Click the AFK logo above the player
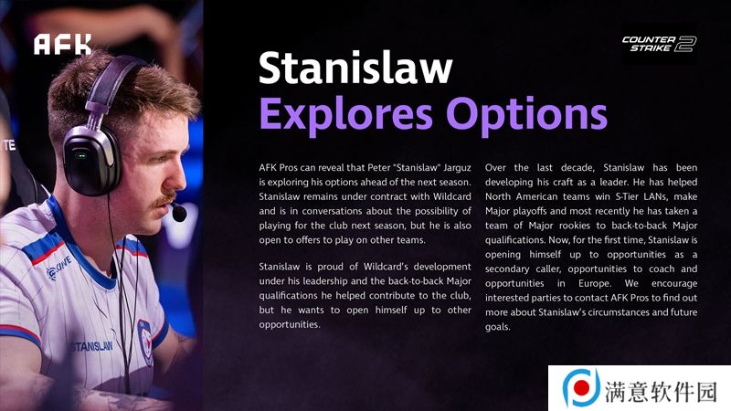[x=62, y=44]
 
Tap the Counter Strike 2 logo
[x=659, y=44]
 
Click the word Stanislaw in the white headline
[x=355, y=68]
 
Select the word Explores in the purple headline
[x=346, y=115]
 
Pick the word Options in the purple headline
[x=527, y=115]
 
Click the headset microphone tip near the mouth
[x=178, y=213]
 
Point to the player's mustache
[x=165, y=200]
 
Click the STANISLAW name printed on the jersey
[x=91, y=346]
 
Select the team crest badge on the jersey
[x=145, y=342]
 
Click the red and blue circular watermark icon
[x=581, y=387]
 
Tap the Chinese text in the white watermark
[x=661, y=391]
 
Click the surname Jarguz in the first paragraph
[x=457, y=168]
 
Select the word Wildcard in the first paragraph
[x=451, y=196]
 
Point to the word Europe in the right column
[x=595, y=283]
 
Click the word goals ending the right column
[x=497, y=327]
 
